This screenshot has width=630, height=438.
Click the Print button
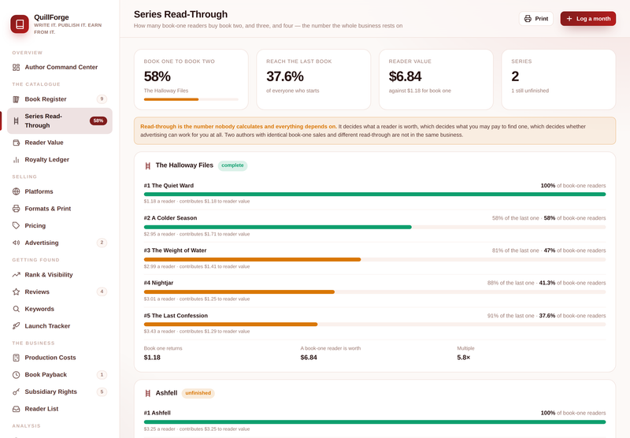point(536,18)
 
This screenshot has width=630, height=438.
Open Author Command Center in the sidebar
point(60,67)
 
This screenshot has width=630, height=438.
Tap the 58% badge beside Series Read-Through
point(98,121)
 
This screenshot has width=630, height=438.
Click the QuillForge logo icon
point(20,24)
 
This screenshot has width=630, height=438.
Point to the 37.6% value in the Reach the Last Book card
point(285,76)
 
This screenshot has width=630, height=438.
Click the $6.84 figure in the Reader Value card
point(405,76)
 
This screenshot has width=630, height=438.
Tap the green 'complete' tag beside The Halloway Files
point(232,165)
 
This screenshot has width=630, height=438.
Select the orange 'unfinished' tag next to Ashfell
point(198,393)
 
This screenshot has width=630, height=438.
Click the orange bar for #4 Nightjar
point(239,292)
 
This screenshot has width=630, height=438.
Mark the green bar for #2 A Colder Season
point(278,227)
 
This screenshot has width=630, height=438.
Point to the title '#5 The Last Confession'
point(176,315)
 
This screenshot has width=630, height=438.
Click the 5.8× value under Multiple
point(463,357)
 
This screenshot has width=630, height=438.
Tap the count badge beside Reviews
point(102,291)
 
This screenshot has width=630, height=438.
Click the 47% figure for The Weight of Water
point(549,251)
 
